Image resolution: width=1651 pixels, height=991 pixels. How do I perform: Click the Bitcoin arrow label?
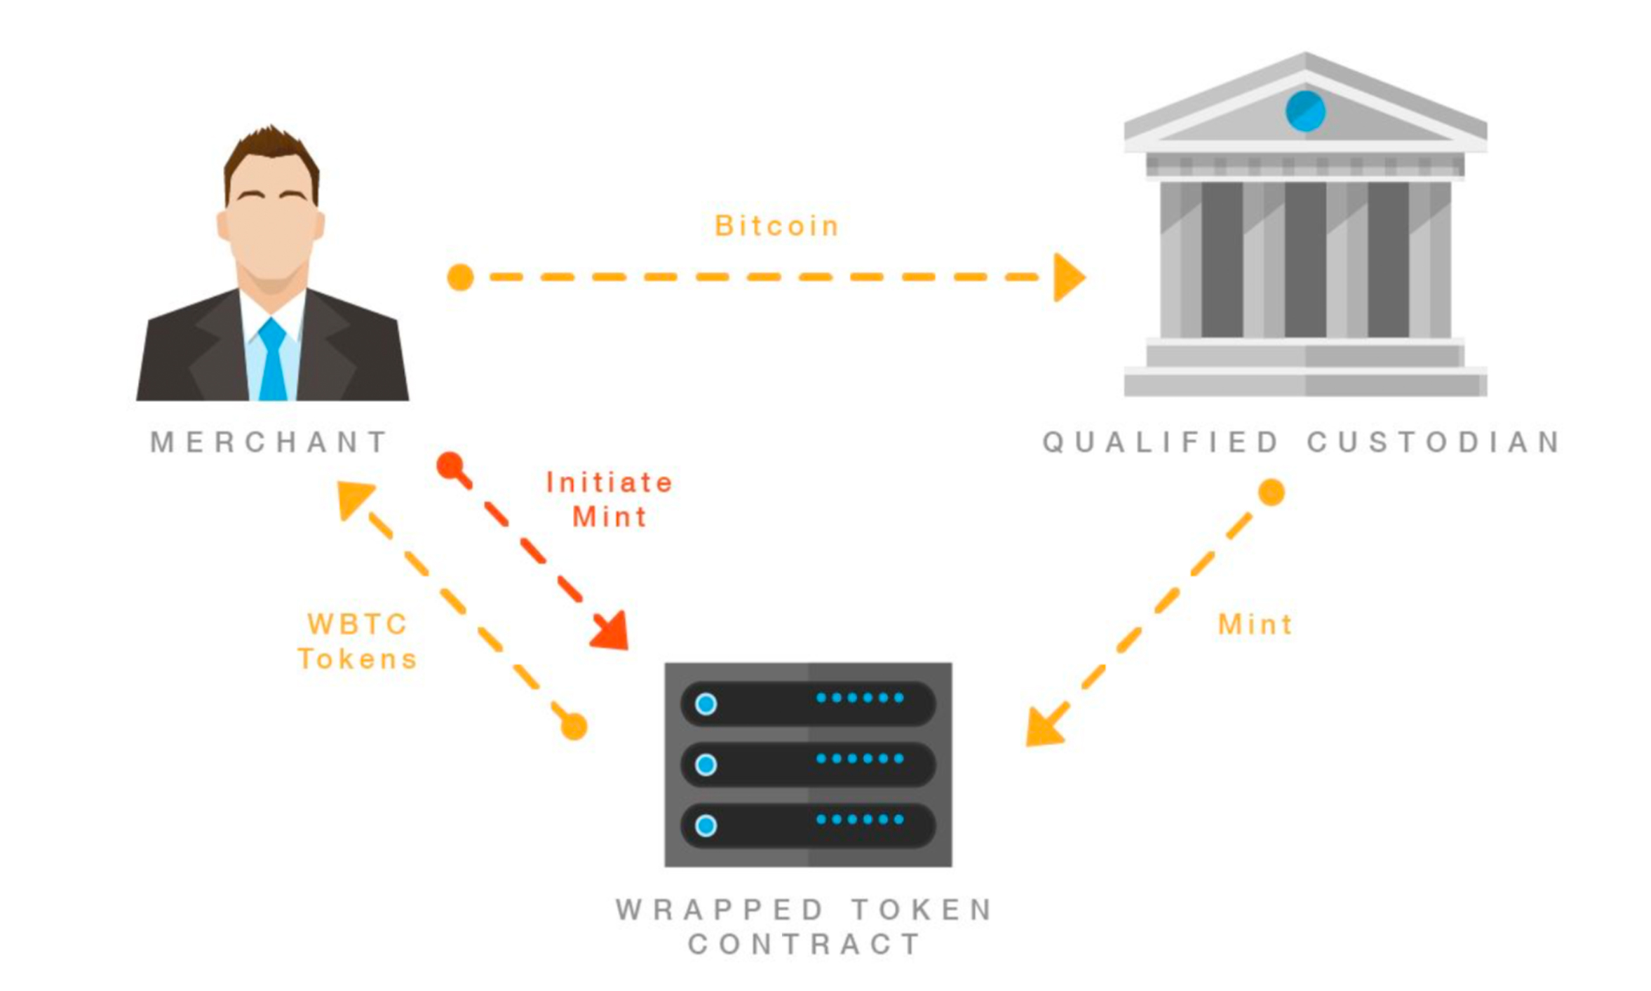[x=776, y=226]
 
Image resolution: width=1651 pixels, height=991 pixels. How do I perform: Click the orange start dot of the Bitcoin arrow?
[x=460, y=277]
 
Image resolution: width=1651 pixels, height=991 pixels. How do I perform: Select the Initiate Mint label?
[x=609, y=499]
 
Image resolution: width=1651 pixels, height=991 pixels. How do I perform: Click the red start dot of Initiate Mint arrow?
[x=450, y=465]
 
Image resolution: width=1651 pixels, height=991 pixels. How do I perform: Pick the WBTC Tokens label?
[x=358, y=642]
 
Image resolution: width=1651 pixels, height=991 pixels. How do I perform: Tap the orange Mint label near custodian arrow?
[x=1255, y=625]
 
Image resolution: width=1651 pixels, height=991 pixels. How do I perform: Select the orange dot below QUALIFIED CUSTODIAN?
[x=1271, y=492]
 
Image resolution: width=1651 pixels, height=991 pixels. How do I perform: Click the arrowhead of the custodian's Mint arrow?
[x=1043, y=729]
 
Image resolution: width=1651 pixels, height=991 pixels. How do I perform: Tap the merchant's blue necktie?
[x=272, y=361]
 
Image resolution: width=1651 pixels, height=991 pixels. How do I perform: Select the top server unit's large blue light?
[x=705, y=704]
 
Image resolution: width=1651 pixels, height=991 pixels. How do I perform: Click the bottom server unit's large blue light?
[x=705, y=825]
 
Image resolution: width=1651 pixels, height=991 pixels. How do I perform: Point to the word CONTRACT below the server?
[x=805, y=944]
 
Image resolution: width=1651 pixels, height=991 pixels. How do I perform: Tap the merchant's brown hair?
[x=271, y=147]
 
